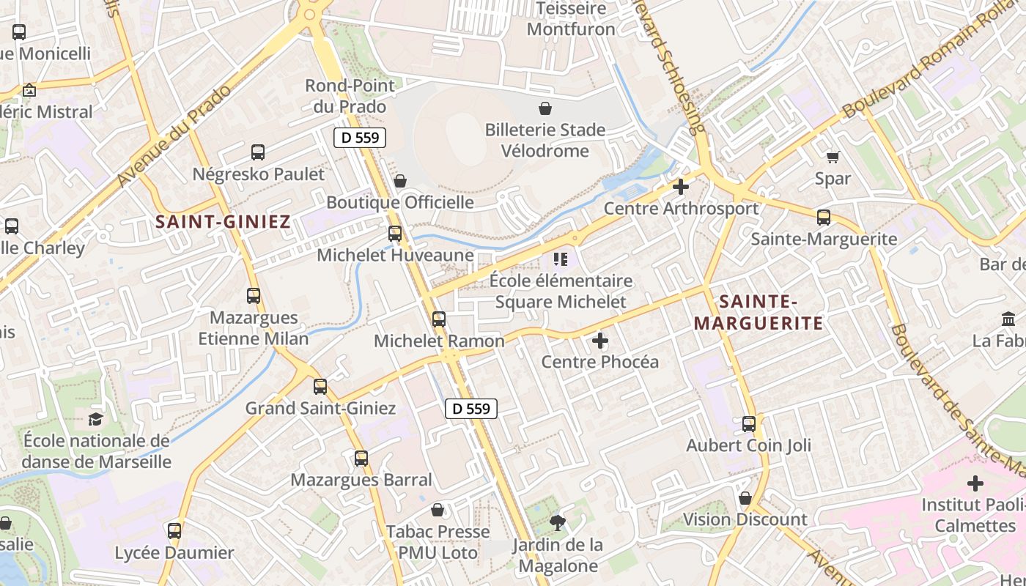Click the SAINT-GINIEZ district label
coord(223,221)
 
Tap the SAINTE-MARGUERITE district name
coord(759,312)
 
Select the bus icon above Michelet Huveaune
coord(395,234)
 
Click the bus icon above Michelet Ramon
coord(439,319)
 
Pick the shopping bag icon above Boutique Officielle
coord(400,181)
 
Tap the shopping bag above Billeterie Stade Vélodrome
coord(545,109)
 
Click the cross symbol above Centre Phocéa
coord(600,341)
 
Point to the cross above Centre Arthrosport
coord(681,187)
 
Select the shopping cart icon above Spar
coord(833,157)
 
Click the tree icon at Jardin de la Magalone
coord(558,522)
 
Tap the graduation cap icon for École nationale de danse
coord(96,419)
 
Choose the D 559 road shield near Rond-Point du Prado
coord(359,137)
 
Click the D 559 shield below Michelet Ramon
coord(471,409)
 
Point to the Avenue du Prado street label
coord(174,136)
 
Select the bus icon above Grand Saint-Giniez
coord(320,387)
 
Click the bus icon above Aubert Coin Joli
coord(749,423)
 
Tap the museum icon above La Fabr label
coord(1008,319)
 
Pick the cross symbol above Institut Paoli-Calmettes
coord(975,483)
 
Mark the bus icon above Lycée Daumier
coord(174,531)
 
